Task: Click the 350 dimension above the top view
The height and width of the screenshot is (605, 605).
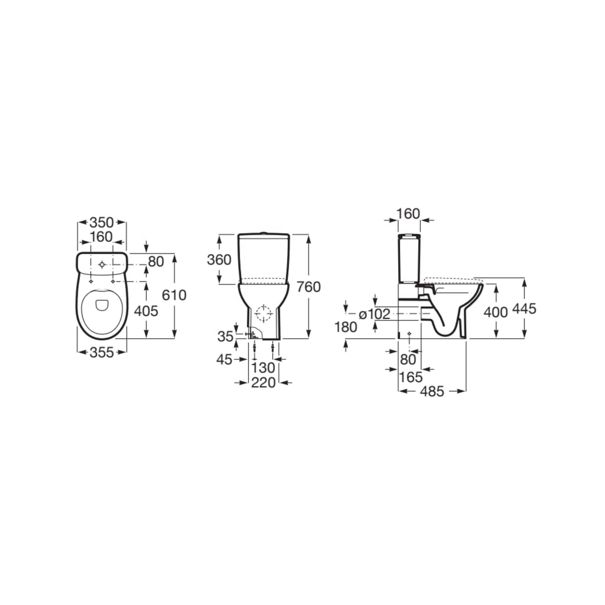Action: coord(102,223)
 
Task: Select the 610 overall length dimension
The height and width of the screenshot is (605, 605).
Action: coord(174,295)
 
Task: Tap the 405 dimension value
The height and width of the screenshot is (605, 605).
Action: coord(146,311)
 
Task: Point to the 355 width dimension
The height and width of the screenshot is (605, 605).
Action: coord(102,353)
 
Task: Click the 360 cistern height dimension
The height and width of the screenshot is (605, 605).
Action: coord(219,260)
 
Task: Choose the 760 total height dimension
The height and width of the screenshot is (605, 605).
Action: coord(308,287)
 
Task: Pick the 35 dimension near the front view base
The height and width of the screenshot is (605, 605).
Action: coord(225,336)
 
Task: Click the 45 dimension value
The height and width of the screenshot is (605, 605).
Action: coord(224,359)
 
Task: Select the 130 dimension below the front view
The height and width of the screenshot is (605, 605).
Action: coord(263,368)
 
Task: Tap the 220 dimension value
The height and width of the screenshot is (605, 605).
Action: coord(263,382)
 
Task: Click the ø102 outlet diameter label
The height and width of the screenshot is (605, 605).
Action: coord(375,314)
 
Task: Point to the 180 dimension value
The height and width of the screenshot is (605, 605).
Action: coord(346,327)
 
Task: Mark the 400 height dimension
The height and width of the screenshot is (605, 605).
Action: coord(495,312)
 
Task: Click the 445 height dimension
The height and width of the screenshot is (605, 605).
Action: coord(524,309)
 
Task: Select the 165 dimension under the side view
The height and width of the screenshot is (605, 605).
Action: coord(411,377)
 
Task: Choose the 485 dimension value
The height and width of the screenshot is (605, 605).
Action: coord(432,391)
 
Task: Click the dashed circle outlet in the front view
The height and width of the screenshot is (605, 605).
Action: coord(263,314)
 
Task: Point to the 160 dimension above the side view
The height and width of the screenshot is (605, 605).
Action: coord(408,214)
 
